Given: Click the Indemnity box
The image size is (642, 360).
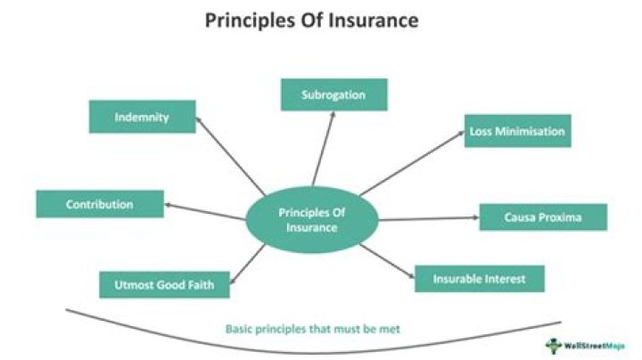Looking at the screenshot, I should click(142, 117).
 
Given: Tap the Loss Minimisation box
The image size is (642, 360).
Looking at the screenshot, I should click(517, 131).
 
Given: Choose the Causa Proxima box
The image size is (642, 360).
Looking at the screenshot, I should click(543, 217).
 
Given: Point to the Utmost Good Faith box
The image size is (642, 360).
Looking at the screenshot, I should click(164, 285).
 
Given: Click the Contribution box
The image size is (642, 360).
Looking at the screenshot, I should click(100, 204).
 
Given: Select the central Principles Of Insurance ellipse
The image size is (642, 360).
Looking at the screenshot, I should click(311, 219).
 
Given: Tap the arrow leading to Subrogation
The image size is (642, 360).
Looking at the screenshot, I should click(324, 147).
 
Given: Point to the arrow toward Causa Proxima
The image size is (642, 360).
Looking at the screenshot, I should click(428, 218).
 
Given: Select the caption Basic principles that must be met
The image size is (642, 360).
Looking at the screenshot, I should click(314, 329).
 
